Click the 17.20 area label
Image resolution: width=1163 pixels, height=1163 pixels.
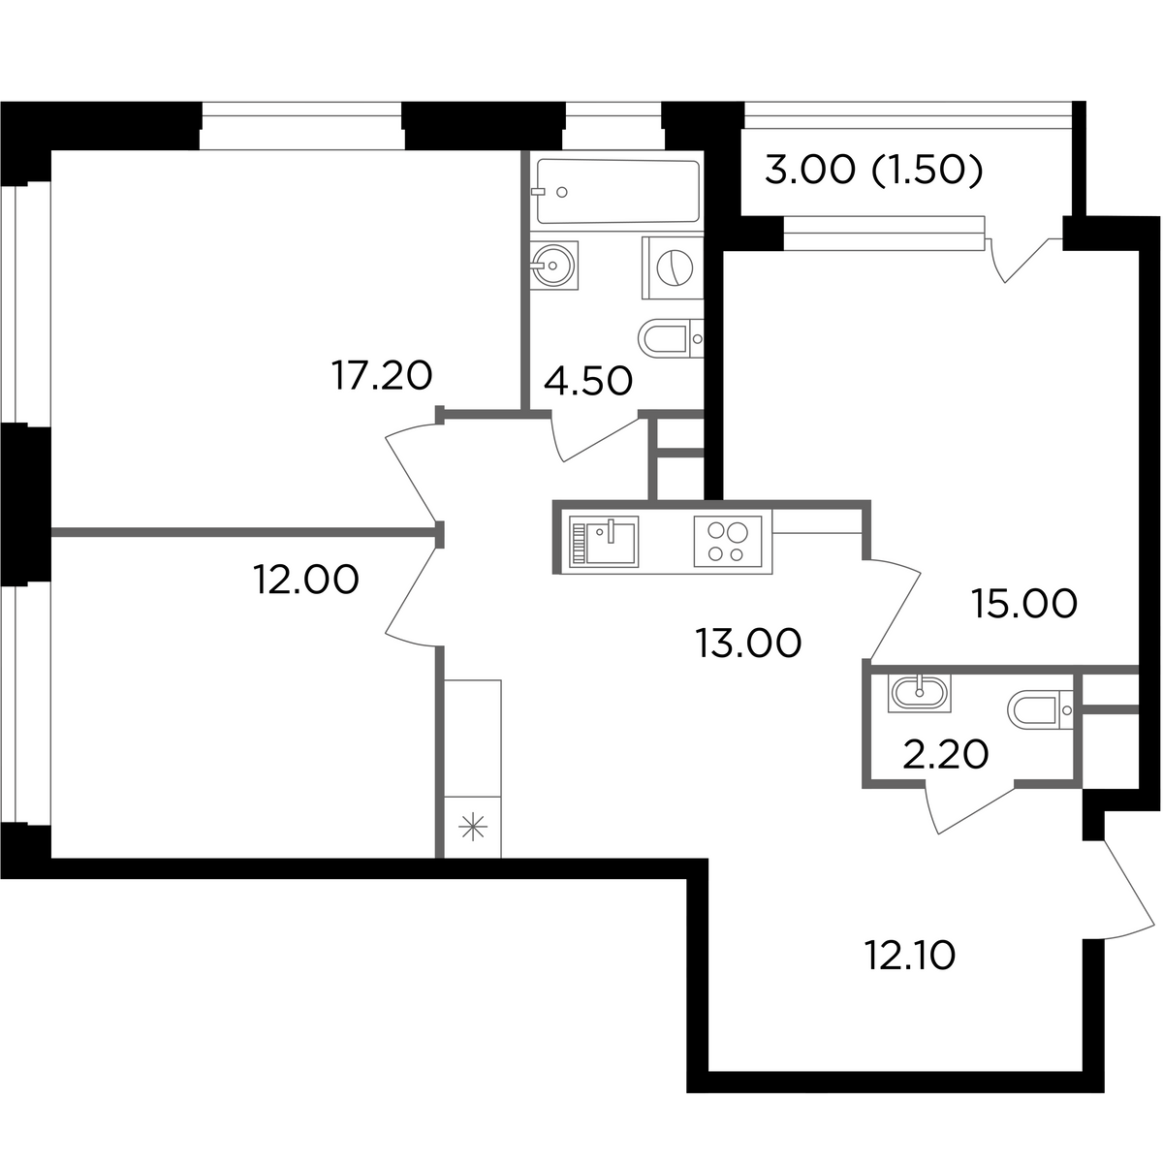382,375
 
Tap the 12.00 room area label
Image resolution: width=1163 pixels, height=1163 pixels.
306,580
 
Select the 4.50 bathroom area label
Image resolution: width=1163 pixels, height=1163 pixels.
588,382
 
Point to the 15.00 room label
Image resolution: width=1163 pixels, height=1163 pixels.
1024,604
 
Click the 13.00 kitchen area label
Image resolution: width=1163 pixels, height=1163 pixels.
748,644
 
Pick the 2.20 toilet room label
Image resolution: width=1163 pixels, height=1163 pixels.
945,754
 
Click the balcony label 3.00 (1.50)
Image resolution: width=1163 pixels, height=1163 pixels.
874,171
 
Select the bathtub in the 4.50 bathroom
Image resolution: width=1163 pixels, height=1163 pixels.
618,191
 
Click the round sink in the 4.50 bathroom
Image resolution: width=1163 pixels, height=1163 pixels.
553,266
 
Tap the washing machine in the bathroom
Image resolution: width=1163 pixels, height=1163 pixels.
673,267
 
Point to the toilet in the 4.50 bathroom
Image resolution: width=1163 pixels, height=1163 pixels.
671,338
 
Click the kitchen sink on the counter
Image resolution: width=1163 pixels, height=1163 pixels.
604,542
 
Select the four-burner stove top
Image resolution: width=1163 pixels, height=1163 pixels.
728,542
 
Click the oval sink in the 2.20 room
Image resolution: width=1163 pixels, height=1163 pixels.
919,692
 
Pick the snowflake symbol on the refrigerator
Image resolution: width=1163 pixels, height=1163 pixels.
473,827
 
